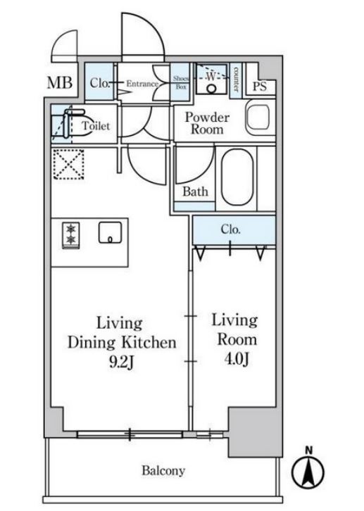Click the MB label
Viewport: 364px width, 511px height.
click(59, 83)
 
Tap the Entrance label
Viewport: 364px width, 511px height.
click(142, 84)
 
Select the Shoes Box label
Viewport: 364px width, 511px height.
click(181, 83)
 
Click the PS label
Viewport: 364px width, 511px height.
click(260, 87)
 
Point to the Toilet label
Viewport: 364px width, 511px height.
click(96, 125)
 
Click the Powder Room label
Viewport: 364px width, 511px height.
click(207, 123)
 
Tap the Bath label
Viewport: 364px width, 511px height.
click(195, 191)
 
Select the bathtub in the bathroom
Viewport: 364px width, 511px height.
click(237, 177)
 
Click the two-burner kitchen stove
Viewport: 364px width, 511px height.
click(71, 235)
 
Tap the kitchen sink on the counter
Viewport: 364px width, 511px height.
click(110, 233)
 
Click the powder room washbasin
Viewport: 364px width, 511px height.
click(258, 117)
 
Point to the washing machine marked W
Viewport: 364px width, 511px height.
click(211, 80)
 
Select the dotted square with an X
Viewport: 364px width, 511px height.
click(68, 164)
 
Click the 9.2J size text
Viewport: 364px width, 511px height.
click(121, 362)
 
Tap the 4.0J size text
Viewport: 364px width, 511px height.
click(237, 359)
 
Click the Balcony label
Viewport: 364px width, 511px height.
click(163, 471)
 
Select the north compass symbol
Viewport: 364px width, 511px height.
click(308, 468)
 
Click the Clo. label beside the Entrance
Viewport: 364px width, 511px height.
click(99, 83)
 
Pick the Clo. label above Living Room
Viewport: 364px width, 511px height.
click(230, 229)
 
